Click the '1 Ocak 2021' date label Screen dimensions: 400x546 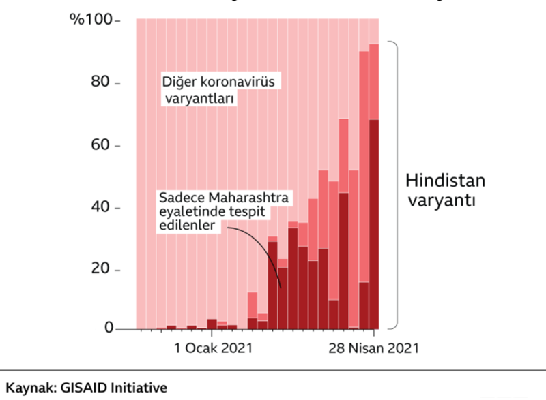[214, 348]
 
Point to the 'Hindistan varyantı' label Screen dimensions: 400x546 [445, 191]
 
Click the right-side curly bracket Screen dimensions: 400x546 [395, 184]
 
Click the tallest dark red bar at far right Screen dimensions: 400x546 [374, 225]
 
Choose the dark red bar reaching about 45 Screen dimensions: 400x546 [344, 259]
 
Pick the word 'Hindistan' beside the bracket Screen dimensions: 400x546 [445, 181]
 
